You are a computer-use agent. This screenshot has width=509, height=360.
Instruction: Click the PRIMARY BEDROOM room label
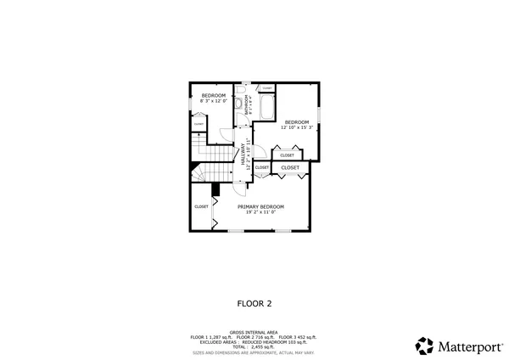pyautogui.click(x=260, y=206)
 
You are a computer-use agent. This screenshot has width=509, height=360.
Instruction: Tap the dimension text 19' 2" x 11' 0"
pyautogui.click(x=260, y=212)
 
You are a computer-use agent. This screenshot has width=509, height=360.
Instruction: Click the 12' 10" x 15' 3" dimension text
pyautogui.click(x=299, y=127)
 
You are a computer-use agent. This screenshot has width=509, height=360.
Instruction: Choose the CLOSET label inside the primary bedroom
pyautogui.click(x=201, y=206)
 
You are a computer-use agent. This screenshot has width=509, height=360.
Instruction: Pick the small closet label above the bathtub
pyautogui.click(x=266, y=88)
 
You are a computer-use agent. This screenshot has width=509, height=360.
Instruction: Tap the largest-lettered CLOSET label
pyautogui.click(x=290, y=168)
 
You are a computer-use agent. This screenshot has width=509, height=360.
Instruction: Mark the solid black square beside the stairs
pyautogui.click(x=215, y=190)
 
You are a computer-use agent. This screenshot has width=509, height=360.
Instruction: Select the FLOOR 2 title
pyautogui.click(x=254, y=301)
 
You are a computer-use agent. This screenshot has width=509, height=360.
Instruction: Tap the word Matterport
pyautogui.click(x=467, y=346)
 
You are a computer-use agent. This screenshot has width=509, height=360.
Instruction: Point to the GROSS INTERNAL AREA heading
pyautogui.click(x=254, y=332)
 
